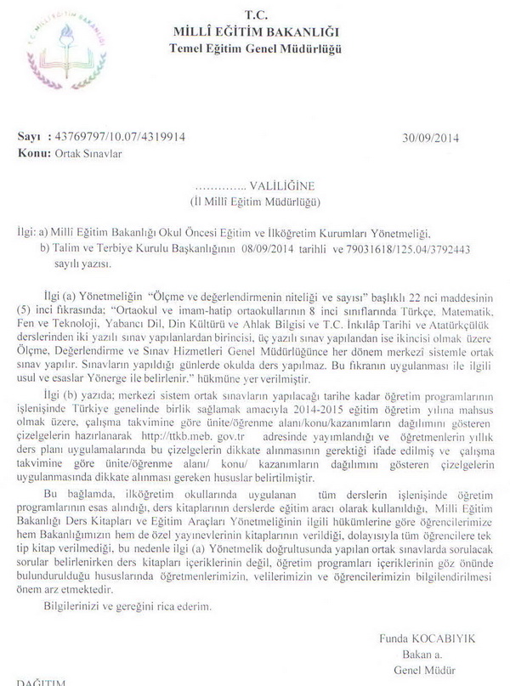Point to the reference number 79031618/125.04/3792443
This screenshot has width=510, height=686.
[413, 248]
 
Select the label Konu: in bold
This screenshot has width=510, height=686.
[32, 153]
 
